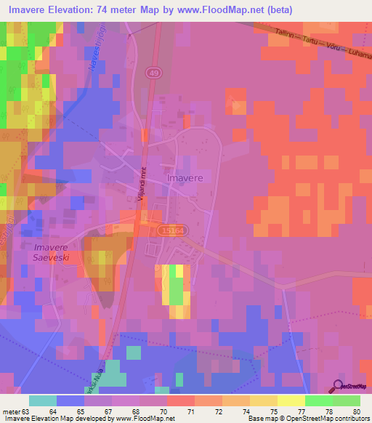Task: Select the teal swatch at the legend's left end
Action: (x=42, y=400)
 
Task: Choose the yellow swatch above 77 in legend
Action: (x=290, y=400)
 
